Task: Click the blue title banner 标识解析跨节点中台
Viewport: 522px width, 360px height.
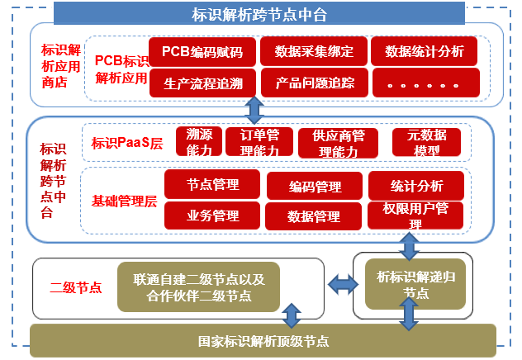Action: coord(259,13)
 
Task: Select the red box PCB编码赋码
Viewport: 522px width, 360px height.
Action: coord(202,51)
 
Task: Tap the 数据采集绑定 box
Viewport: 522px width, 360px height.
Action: coord(314,51)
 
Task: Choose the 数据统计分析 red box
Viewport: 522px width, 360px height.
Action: coord(425,51)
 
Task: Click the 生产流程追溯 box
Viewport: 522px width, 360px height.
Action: coord(202,83)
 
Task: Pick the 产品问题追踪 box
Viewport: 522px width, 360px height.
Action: coord(315,83)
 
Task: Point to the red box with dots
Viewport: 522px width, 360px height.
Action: coord(426,83)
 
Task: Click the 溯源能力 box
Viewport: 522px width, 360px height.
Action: coord(199,141)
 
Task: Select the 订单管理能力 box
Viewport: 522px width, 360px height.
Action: coord(259,142)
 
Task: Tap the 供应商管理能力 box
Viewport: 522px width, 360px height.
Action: coord(339,143)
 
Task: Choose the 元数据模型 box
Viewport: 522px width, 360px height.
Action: coord(426,142)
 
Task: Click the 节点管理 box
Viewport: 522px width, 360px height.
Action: coord(212,184)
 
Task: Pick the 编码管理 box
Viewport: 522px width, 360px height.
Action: coord(315,186)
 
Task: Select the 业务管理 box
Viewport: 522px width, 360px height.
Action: coord(212,216)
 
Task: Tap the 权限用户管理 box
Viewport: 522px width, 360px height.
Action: coord(415,216)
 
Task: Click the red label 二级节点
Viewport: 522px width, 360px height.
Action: coord(75,287)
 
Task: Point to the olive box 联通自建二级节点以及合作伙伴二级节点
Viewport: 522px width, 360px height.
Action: coord(199,287)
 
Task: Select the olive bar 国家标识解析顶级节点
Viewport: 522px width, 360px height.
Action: coord(263,341)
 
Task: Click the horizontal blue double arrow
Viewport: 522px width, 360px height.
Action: coord(344,285)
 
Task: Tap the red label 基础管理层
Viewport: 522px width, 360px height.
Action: coord(124,201)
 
